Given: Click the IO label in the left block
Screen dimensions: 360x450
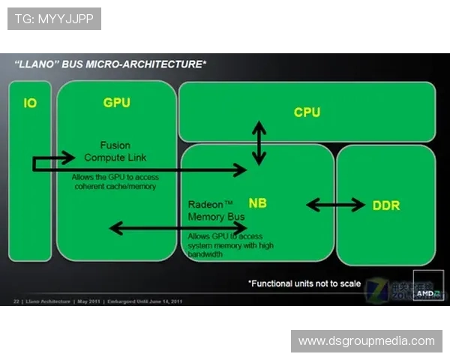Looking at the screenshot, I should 30,103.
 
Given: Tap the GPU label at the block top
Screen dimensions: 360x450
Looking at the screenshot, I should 116,102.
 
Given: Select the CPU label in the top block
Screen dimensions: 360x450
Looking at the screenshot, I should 307,112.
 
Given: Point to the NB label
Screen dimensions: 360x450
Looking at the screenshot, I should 257,203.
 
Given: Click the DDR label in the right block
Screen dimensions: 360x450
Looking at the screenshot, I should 386,205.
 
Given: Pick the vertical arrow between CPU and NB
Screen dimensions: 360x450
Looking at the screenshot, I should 259,142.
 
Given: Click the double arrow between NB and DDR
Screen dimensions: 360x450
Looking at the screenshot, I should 335,204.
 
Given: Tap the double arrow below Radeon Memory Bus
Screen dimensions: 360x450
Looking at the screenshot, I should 178,227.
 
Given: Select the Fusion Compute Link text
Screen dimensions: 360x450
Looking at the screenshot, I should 115,151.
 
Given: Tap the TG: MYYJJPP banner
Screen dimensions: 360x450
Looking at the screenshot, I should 54,18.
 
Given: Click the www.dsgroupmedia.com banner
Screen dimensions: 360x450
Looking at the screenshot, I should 366,341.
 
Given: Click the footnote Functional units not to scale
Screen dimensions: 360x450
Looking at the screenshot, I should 304,283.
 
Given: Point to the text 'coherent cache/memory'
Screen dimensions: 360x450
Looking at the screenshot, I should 115,186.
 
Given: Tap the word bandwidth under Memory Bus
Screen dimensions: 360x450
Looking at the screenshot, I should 205,254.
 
